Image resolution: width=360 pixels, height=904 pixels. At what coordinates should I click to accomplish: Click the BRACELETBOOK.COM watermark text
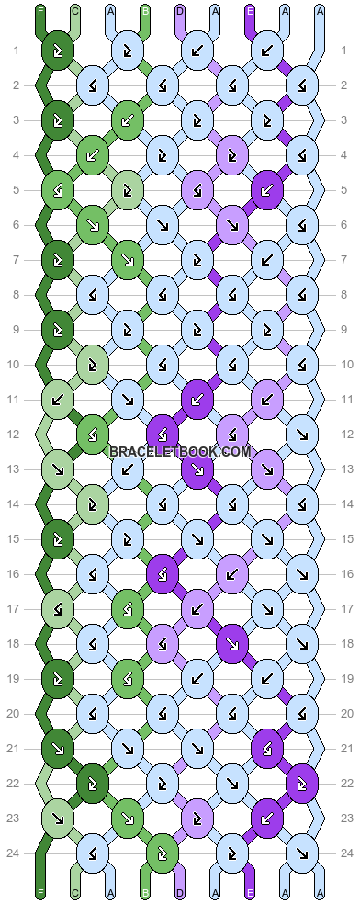tap(180, 451)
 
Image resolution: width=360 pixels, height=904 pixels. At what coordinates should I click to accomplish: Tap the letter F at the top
tap(39, 12)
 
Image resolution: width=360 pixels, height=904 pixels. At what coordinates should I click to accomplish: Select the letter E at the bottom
tap(250, 892)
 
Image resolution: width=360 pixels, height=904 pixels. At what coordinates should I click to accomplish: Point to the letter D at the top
tap(179, 12)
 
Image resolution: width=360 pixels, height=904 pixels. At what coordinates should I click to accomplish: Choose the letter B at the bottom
tap(144, 892)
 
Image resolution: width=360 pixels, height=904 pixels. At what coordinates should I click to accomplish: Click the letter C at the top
tap(74, 12)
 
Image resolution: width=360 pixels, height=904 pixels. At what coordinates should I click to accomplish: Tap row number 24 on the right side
tap(343, 853)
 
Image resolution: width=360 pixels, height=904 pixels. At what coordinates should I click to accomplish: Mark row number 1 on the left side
tap(16, 50)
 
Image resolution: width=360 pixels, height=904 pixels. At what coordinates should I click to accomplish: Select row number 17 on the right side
tap(343, 608)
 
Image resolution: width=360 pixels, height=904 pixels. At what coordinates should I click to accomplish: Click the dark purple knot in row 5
tap(266, 190)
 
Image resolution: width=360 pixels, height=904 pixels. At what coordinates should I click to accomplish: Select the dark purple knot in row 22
tap(301, 783)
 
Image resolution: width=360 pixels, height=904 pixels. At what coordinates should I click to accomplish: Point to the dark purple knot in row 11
tap(197, 400)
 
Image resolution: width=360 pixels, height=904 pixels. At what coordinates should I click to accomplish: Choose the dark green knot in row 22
tap(92, 783)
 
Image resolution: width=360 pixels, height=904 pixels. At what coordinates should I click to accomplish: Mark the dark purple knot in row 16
tap(162, 573)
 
